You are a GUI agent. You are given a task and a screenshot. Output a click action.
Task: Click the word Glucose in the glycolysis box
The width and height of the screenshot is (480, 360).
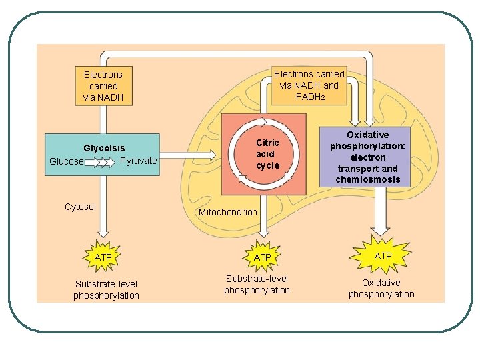coord(66,161)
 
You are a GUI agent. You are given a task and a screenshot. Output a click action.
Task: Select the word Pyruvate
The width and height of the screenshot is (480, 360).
coord(139,161)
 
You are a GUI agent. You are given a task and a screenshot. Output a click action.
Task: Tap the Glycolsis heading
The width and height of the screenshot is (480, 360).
coord(104,147)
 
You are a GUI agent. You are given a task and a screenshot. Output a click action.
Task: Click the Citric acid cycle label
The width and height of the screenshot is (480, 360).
coord(267,154)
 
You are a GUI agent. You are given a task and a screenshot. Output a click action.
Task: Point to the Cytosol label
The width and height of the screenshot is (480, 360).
coord(80,207)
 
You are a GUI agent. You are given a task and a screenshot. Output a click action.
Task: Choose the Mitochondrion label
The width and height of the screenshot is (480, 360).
coord(227,212)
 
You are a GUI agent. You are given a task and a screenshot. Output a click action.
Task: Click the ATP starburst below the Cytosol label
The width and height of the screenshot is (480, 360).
coord(103,257)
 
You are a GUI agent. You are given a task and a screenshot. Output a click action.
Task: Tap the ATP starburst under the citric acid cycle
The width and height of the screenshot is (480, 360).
coord(263,257)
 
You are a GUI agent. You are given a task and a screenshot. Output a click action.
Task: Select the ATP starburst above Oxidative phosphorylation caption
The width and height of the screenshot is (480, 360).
coord(383,255)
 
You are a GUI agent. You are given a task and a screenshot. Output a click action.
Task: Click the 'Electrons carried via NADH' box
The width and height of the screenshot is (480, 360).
coord(103,86)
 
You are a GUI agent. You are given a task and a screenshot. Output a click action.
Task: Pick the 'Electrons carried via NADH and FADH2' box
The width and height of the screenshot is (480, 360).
coord(309,85)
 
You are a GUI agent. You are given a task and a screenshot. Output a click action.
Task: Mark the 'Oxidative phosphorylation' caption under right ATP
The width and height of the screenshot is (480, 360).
coord(381,289)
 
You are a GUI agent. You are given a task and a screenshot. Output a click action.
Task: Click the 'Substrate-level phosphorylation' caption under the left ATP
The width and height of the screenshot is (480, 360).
coord(107,290)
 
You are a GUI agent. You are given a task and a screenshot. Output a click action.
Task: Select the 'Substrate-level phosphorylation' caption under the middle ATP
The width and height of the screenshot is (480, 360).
coord(257,285)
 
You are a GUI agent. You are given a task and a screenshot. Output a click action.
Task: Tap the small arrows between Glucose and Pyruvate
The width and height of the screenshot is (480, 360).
coord(101,162)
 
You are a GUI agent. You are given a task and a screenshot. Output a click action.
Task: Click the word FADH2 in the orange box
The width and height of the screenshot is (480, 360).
coord(310,97)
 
